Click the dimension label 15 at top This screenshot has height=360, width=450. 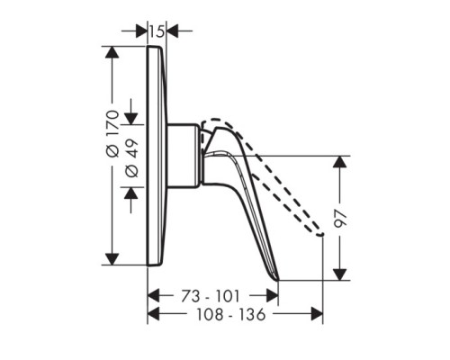pyautogui.click(x=157, y=31)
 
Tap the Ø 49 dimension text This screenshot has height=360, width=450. pyautogui.click(x=132, y=157)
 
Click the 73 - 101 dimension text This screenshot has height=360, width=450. pyautogui.click(x=211, y=296)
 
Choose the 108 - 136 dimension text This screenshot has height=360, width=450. pyautogui.click(x=231, y=314)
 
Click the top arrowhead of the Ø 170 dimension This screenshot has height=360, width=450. pyautogui.click(x=112, y=52)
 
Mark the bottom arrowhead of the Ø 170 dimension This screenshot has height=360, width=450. pyautogui.click(x=112, y=259)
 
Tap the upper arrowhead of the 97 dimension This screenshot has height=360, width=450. pyautogui.click(x=340, y=162)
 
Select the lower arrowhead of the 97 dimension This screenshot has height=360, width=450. pyautogui.click(x=340, y=274)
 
